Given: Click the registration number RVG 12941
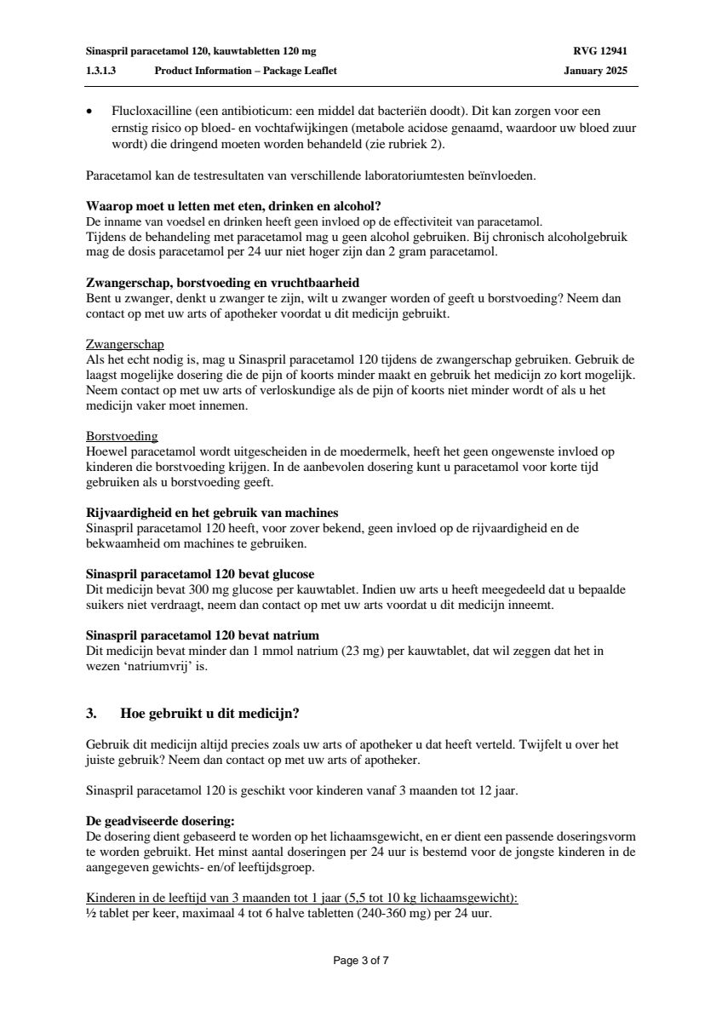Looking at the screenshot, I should [600, 51].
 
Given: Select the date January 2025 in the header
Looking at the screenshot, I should [595, 71].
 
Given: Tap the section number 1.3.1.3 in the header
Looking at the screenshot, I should [101, 71].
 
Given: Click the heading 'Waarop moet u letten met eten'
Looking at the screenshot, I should [233, 206].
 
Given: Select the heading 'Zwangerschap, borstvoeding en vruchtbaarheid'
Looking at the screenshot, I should [228, 282].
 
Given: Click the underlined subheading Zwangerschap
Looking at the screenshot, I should [125, 345].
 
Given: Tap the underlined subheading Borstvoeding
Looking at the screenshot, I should [122, 436].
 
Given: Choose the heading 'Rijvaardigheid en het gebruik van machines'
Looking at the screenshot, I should [213, 513].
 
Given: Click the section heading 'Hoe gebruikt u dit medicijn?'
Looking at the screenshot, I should [209, 714].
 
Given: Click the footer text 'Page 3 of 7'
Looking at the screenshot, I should [361, 961].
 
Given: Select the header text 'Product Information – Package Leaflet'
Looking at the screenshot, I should [245, 71].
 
